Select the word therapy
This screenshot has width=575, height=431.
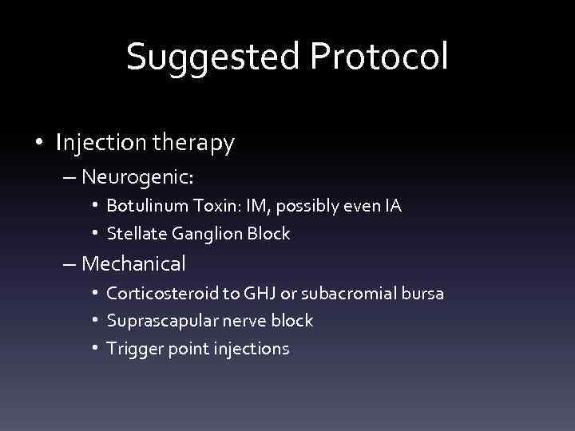(x=195, y=143)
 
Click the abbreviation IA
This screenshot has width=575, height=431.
(x=392, y=206)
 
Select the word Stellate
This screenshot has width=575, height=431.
(x=134, y=234)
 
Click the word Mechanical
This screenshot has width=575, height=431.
(x=133, y=263)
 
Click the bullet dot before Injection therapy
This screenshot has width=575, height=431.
(x=40, y=144)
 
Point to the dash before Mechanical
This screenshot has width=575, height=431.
(x=69, y=263)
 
